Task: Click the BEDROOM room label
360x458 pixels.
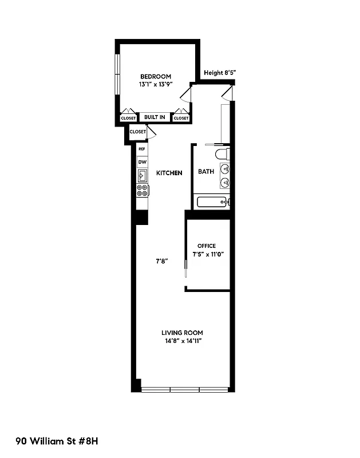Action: (155, 77)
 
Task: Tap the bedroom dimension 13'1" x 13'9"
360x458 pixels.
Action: (155, 84)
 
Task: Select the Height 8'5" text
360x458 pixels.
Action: (220, 73)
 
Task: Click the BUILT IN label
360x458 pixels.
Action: (155, 117)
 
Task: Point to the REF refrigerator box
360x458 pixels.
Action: (142, 149)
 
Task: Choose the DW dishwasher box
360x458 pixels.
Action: (142, 162)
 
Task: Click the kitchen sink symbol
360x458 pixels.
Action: (142, 176)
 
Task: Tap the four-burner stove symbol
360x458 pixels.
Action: (142, 191)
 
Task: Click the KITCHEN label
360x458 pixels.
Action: (169, 172)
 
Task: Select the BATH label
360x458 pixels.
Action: (205, 171)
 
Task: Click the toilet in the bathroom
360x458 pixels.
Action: (222, 154)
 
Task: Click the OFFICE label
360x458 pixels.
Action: (206, 246)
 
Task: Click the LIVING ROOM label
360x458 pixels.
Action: (182, 333)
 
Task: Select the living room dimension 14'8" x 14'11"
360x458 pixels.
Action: (182, 341)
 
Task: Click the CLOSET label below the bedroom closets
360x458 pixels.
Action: (138, 132)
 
